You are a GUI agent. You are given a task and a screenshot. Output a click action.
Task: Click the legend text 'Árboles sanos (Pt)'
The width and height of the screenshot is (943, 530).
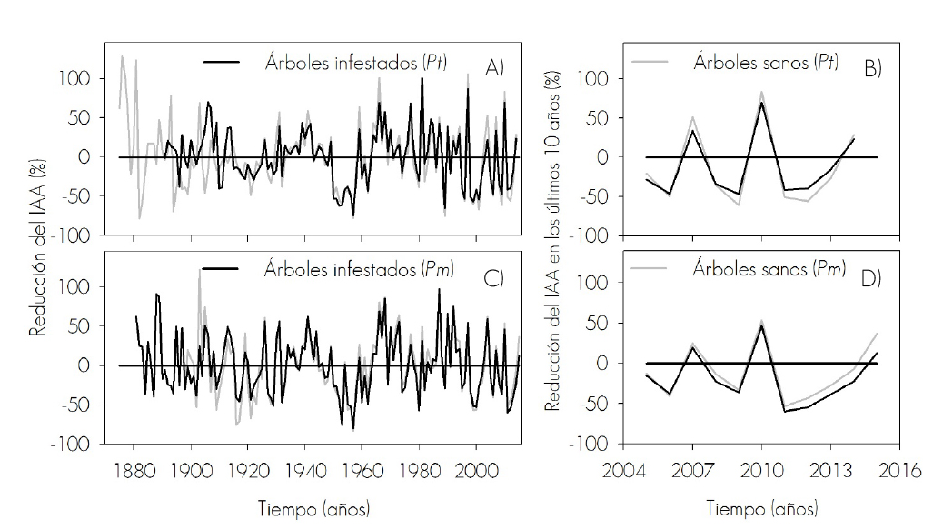[x=765, y=63]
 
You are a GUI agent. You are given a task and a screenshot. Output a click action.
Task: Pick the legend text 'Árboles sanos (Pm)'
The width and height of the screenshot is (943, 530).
[x=767, y=268]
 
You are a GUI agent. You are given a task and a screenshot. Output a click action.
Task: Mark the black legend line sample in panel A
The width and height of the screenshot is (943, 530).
[x=223, y=62]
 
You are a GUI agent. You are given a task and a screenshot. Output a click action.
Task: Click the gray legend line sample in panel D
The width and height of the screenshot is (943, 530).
[x=653, y=268]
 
